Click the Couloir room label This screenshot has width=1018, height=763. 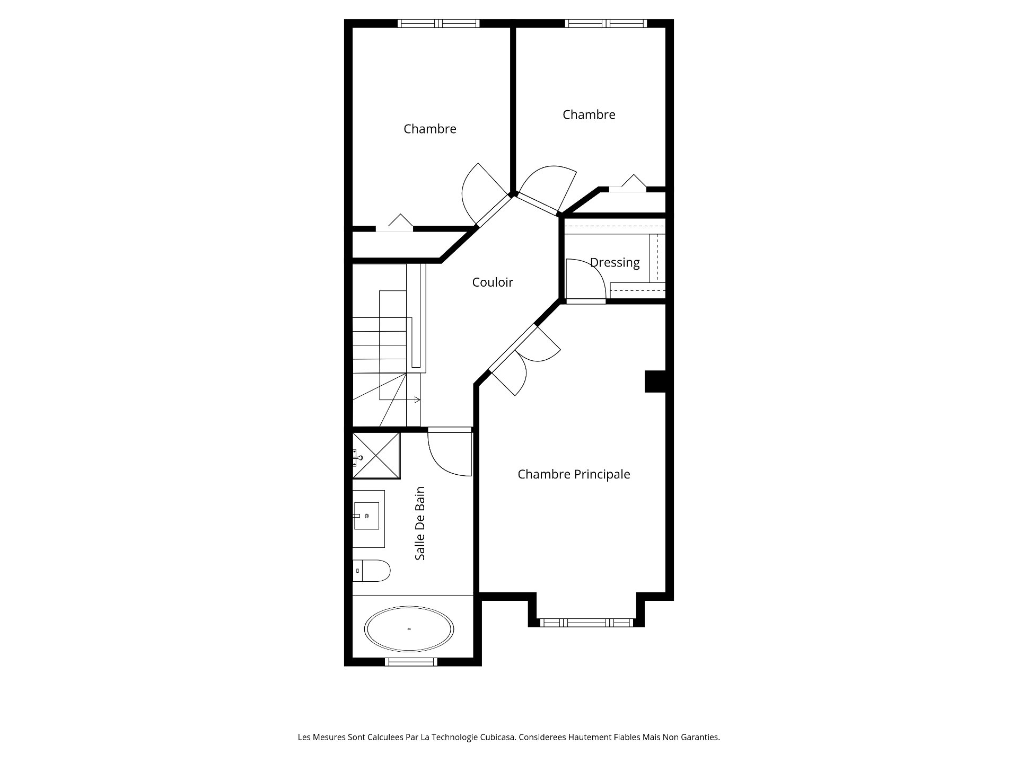[493, 282]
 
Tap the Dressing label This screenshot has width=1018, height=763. [615, 263]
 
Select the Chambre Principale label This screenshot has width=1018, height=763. [574, 474]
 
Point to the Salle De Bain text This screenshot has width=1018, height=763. [420, 524]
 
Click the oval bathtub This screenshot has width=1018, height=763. [409, 629]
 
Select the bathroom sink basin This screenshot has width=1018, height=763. [366, 516]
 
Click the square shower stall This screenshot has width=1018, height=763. [376, 456]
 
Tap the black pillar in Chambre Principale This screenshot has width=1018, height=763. [655, 381]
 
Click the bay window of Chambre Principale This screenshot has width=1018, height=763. [586, 623]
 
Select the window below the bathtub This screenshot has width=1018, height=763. [411, 662]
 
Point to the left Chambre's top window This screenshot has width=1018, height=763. [438, 23]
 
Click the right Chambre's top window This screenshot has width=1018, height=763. [606, 23]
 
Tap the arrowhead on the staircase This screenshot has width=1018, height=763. [418, 400]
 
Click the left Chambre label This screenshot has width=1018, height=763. [429, 129]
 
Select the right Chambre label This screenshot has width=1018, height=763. [589, 114]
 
